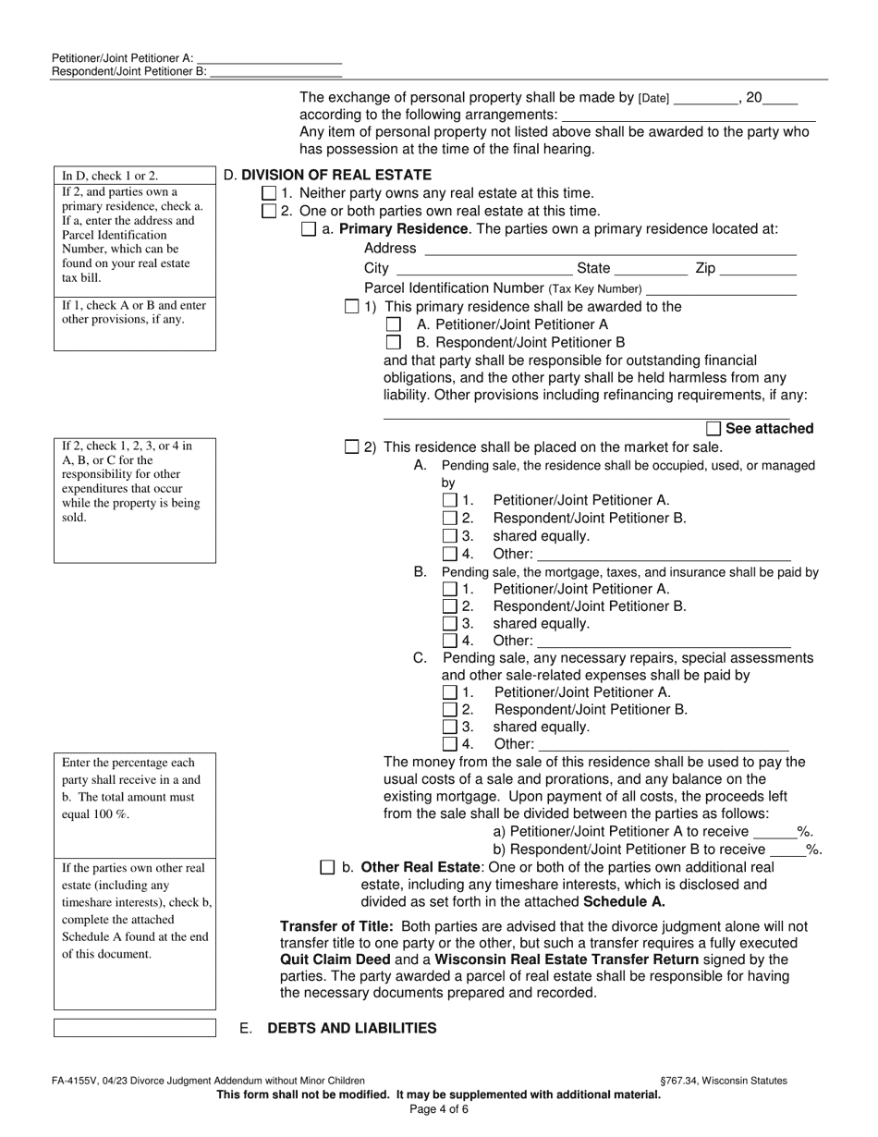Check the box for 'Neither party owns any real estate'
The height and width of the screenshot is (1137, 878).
pos(269,193)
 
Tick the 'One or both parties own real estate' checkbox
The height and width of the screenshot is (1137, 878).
pos(269,212)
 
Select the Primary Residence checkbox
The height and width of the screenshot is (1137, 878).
pos(309,230)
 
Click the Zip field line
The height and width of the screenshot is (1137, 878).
pos(757,270)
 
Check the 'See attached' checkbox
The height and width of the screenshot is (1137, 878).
pos(713,429)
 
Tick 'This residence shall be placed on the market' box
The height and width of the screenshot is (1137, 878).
pos(351,447)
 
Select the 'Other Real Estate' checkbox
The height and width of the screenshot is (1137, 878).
pos(327,868)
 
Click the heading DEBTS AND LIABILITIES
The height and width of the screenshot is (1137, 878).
pos(351,1028)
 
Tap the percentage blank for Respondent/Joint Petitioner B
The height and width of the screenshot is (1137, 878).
pos(787,850)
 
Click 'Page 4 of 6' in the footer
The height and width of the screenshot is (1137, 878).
pos(439,1109)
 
